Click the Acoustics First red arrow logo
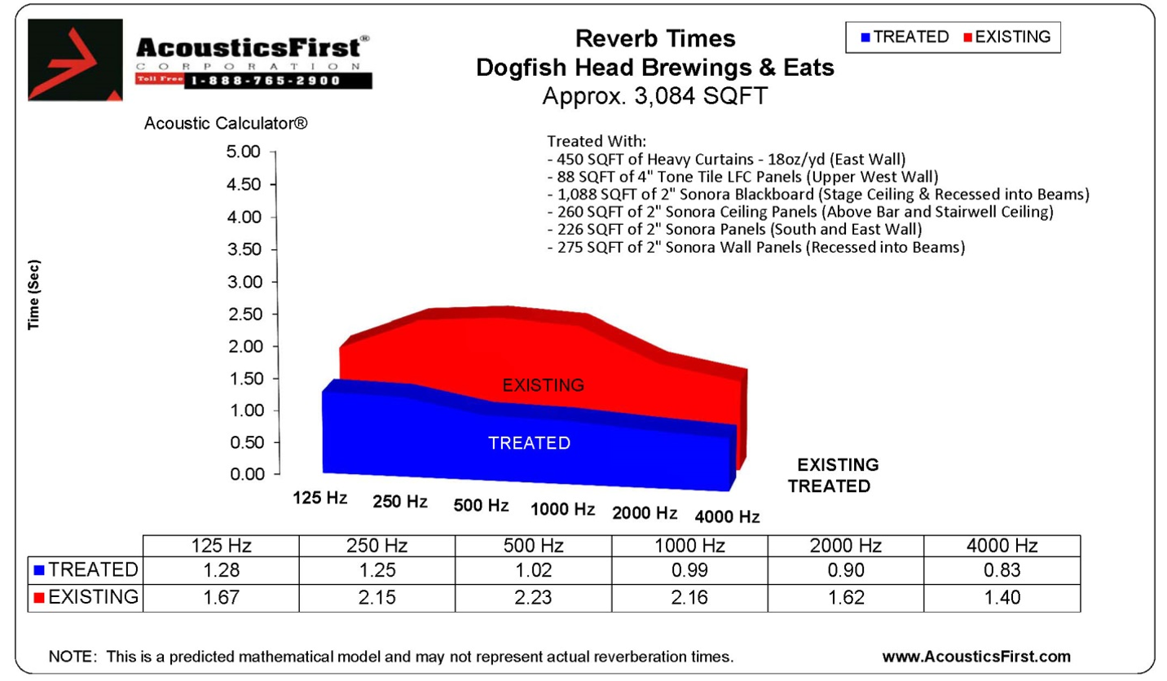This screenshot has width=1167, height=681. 76,59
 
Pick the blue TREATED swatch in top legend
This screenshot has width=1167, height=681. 865,37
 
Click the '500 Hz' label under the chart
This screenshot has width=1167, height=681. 481,505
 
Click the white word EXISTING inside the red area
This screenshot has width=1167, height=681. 543,384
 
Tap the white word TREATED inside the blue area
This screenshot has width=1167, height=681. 529,443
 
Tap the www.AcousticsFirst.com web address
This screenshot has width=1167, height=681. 976,656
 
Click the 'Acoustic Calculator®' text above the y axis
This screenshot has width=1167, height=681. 225,125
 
